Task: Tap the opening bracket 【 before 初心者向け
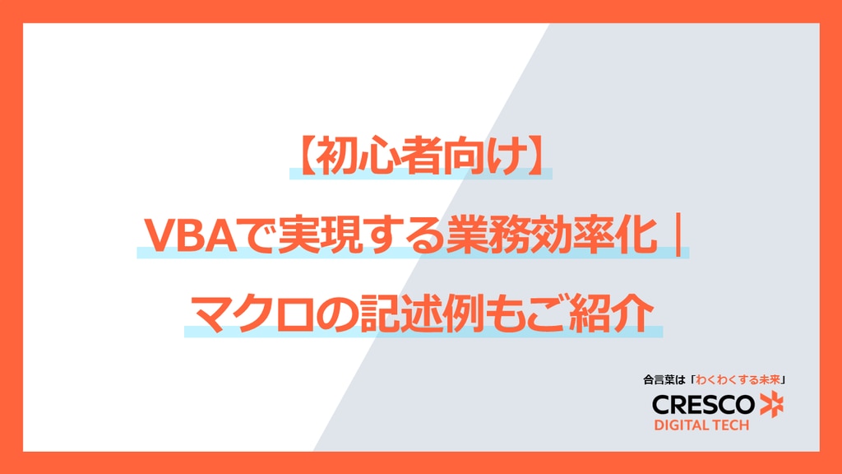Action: (303, 156)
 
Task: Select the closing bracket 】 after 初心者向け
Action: (538, 156)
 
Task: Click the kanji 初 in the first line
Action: (334, 156)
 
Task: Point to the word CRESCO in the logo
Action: (703, 405)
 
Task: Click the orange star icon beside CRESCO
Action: (771, 405)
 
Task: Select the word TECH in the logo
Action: (730, 425)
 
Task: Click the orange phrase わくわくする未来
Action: (738, 380)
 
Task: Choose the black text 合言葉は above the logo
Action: (664, 380)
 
